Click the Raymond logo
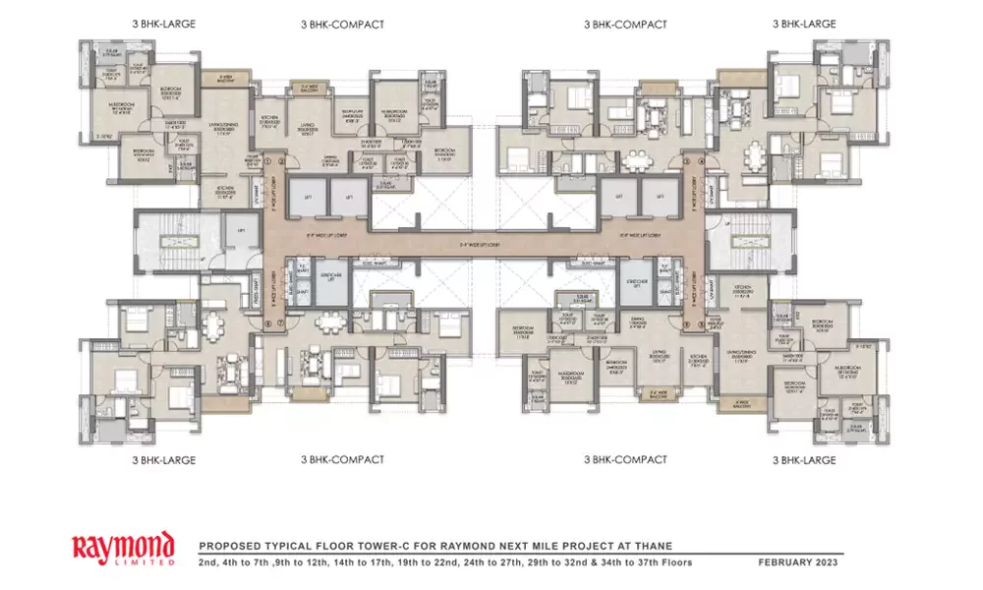[x=124, y=546]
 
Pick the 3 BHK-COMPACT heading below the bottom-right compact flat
[x=625, y=459]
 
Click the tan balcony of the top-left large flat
[x=225, y=77]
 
